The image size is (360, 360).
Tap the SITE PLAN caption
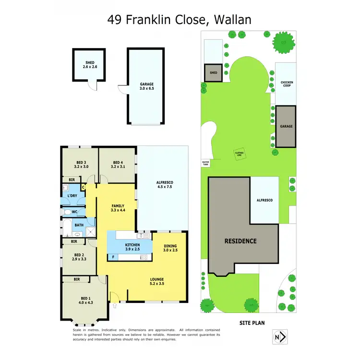coord(252,323)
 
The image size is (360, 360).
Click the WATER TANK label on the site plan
coord(205,163)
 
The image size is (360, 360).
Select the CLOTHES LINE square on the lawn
coord(239,154)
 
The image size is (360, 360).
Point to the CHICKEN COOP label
coord(287,84)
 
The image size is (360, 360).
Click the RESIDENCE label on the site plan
coord(240,241)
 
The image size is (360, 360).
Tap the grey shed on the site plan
coord(214,73)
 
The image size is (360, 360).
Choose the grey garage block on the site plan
coord(286,127)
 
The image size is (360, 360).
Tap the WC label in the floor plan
coord(74,212)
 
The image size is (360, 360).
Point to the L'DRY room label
coord(72,196)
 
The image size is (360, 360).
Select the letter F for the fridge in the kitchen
coord(113,257)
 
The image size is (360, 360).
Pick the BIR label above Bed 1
coord(77,279)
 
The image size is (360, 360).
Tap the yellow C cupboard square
coord(84,188)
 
